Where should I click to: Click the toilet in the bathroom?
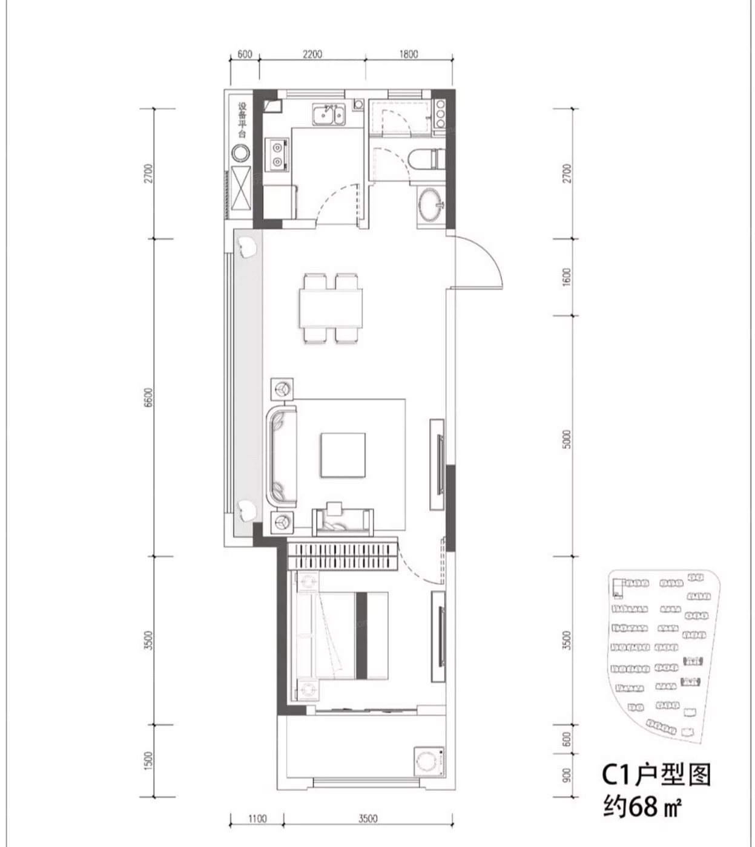(424, 159)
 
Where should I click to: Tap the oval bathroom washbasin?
(430, 204)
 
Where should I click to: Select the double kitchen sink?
(328, 115)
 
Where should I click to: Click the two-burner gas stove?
(277, 155)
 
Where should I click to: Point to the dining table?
(331, 309)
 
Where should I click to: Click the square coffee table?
(343, 455)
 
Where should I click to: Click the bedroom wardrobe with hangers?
(342, 556)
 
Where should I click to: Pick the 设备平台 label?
(242, 120)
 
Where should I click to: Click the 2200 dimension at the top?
(312, 54)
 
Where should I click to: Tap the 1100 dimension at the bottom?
(257, 818)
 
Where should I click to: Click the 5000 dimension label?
(566, 439)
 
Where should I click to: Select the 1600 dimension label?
(566, 276)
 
